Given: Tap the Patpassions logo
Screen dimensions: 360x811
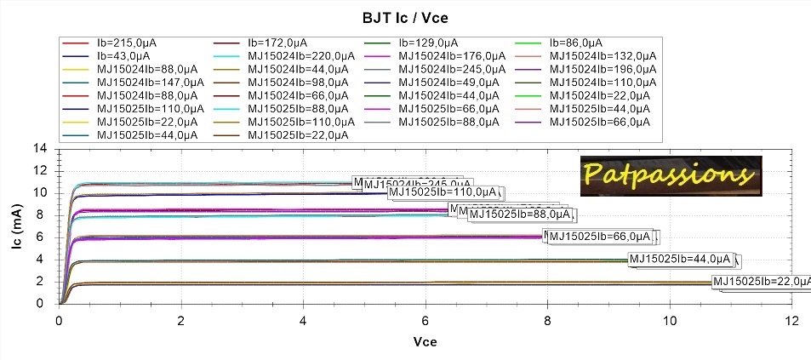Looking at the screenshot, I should pyautogui.click(x=670, y=174).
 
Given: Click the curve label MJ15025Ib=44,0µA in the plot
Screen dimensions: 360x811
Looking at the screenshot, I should pyautogui.click(x=680, y=259).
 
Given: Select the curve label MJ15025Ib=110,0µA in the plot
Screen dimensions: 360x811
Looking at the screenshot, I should pyautogui.click(x=442, y=192).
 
